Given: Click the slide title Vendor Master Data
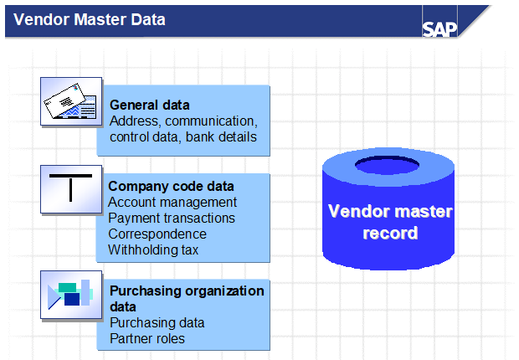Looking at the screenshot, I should (90, 19).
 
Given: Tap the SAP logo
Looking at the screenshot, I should (439, 28).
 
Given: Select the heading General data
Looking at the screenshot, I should (149, 105).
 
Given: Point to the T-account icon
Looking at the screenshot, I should (71, 189).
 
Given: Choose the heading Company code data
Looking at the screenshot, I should (171, 186).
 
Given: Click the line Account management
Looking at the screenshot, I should (172, 202).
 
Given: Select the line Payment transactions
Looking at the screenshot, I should (172, 218).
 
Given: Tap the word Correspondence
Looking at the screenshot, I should (157, 234).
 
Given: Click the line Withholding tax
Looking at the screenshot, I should (153, 249).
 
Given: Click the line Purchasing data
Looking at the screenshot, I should (157, 322).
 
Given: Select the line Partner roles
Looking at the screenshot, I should (147, 338).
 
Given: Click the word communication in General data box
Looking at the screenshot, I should (211, 121).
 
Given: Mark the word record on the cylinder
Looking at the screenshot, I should (390, 232).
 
